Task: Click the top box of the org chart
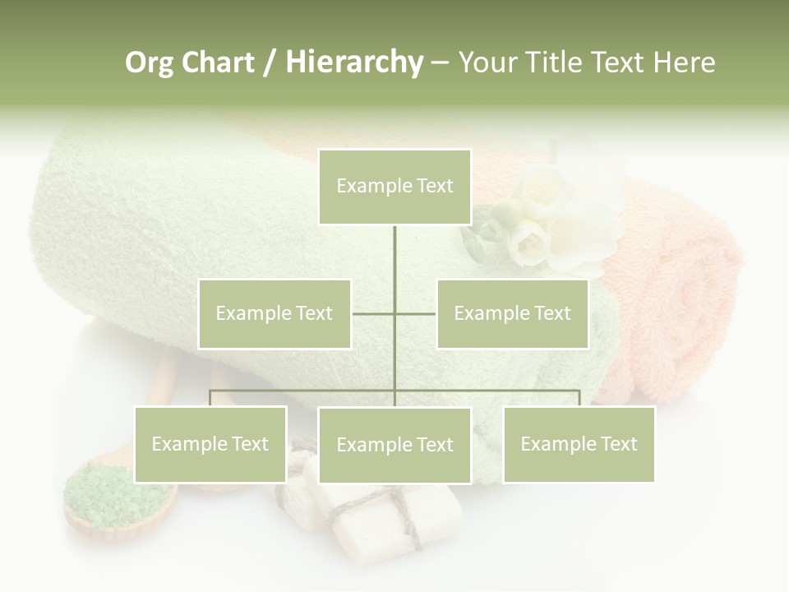pyautogui.click(x=394, y=187)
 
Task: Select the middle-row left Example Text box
pyautogui.click(x=275, y=313)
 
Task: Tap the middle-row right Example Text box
pyautogui.click(x=512, y=313)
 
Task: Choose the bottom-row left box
pyautogui.click(x=210, y=444)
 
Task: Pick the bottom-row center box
pyautogui.click(x=394, y=445)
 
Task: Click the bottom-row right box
pyautogui.click(x=579, y=444)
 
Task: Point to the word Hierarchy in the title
pyautogui.click(x=353, y=62)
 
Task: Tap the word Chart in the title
pyautogui.click(x=219, y=62)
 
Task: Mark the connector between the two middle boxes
pyautogui.click(x=394, y=313)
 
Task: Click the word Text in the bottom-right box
pyautogui.click(x=618, y=444)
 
